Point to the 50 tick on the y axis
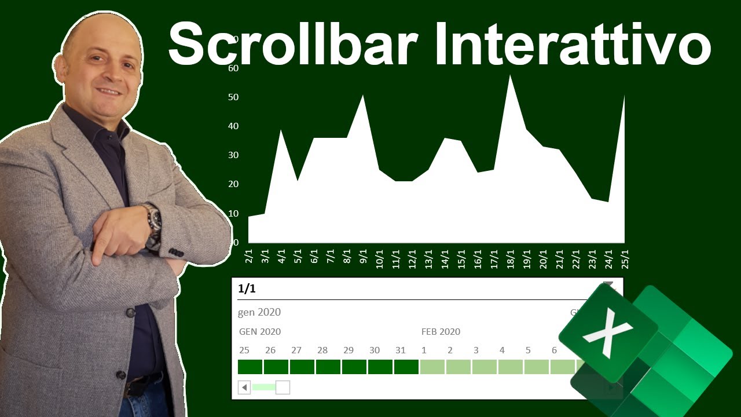(233, 97)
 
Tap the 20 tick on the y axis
(233, 184)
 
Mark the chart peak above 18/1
(510, 76)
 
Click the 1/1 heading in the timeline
(247, 289)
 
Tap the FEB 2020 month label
(441, 332)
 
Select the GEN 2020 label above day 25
(260, 332)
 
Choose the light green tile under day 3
(484, 367)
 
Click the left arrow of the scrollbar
(244, 387)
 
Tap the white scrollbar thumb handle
(283, 387)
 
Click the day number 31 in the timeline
(401, 350)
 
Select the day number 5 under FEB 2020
(528, 350)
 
